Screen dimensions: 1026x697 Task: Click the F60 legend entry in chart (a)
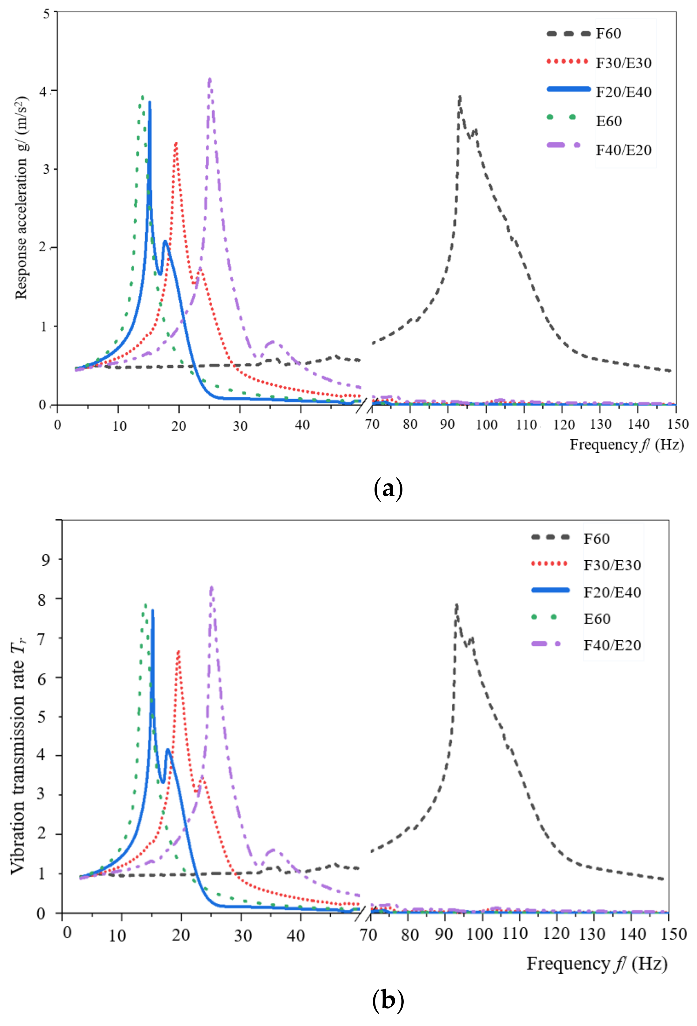click(608, 34)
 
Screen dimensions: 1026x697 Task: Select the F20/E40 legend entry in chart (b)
click(612, 592)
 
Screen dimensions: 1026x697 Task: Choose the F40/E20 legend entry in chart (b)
click(612, 645)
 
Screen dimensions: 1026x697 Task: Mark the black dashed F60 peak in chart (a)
click(460, 97)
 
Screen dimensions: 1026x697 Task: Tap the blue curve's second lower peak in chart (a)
click(166, 242)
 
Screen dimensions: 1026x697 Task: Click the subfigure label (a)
click(388, 489)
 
